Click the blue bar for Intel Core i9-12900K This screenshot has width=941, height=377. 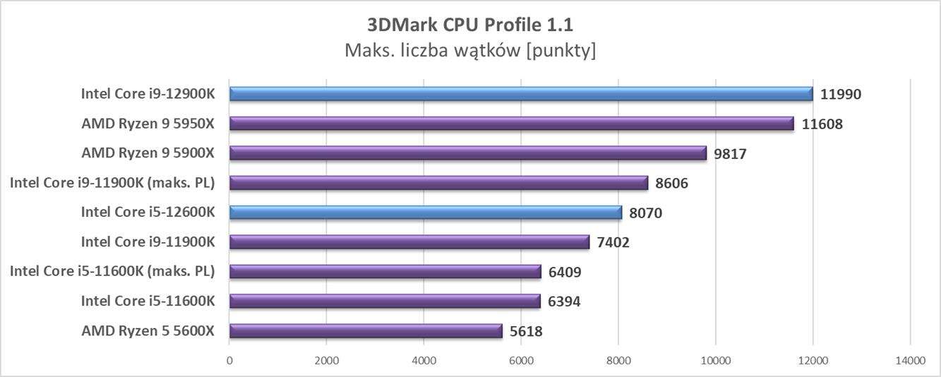point(521,94)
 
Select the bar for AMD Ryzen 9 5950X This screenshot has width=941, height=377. point(512,124)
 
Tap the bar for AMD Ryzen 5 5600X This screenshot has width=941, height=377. point(366,331)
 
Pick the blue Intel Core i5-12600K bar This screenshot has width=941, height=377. point(426,213)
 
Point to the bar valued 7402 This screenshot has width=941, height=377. point(409,242)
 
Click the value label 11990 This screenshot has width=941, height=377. point(841,95)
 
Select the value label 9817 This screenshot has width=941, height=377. point(730,154)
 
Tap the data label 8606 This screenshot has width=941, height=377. point(671,184)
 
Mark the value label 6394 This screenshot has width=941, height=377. point(564,302)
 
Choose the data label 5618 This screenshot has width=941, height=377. point(526,332)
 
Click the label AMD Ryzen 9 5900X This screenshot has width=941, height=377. point(148,153)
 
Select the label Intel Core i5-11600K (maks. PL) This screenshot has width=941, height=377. point(112,272)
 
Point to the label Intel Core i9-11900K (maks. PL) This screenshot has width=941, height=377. point(112,183)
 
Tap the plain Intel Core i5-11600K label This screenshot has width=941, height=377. point(148,301)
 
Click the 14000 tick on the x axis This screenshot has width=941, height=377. point(909,361)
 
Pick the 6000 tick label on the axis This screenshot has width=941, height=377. point(521,361)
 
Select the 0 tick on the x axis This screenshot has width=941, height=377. point(229,361)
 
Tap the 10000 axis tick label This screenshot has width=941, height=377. point(715,361)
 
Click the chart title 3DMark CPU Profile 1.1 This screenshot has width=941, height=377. point(470,25)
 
